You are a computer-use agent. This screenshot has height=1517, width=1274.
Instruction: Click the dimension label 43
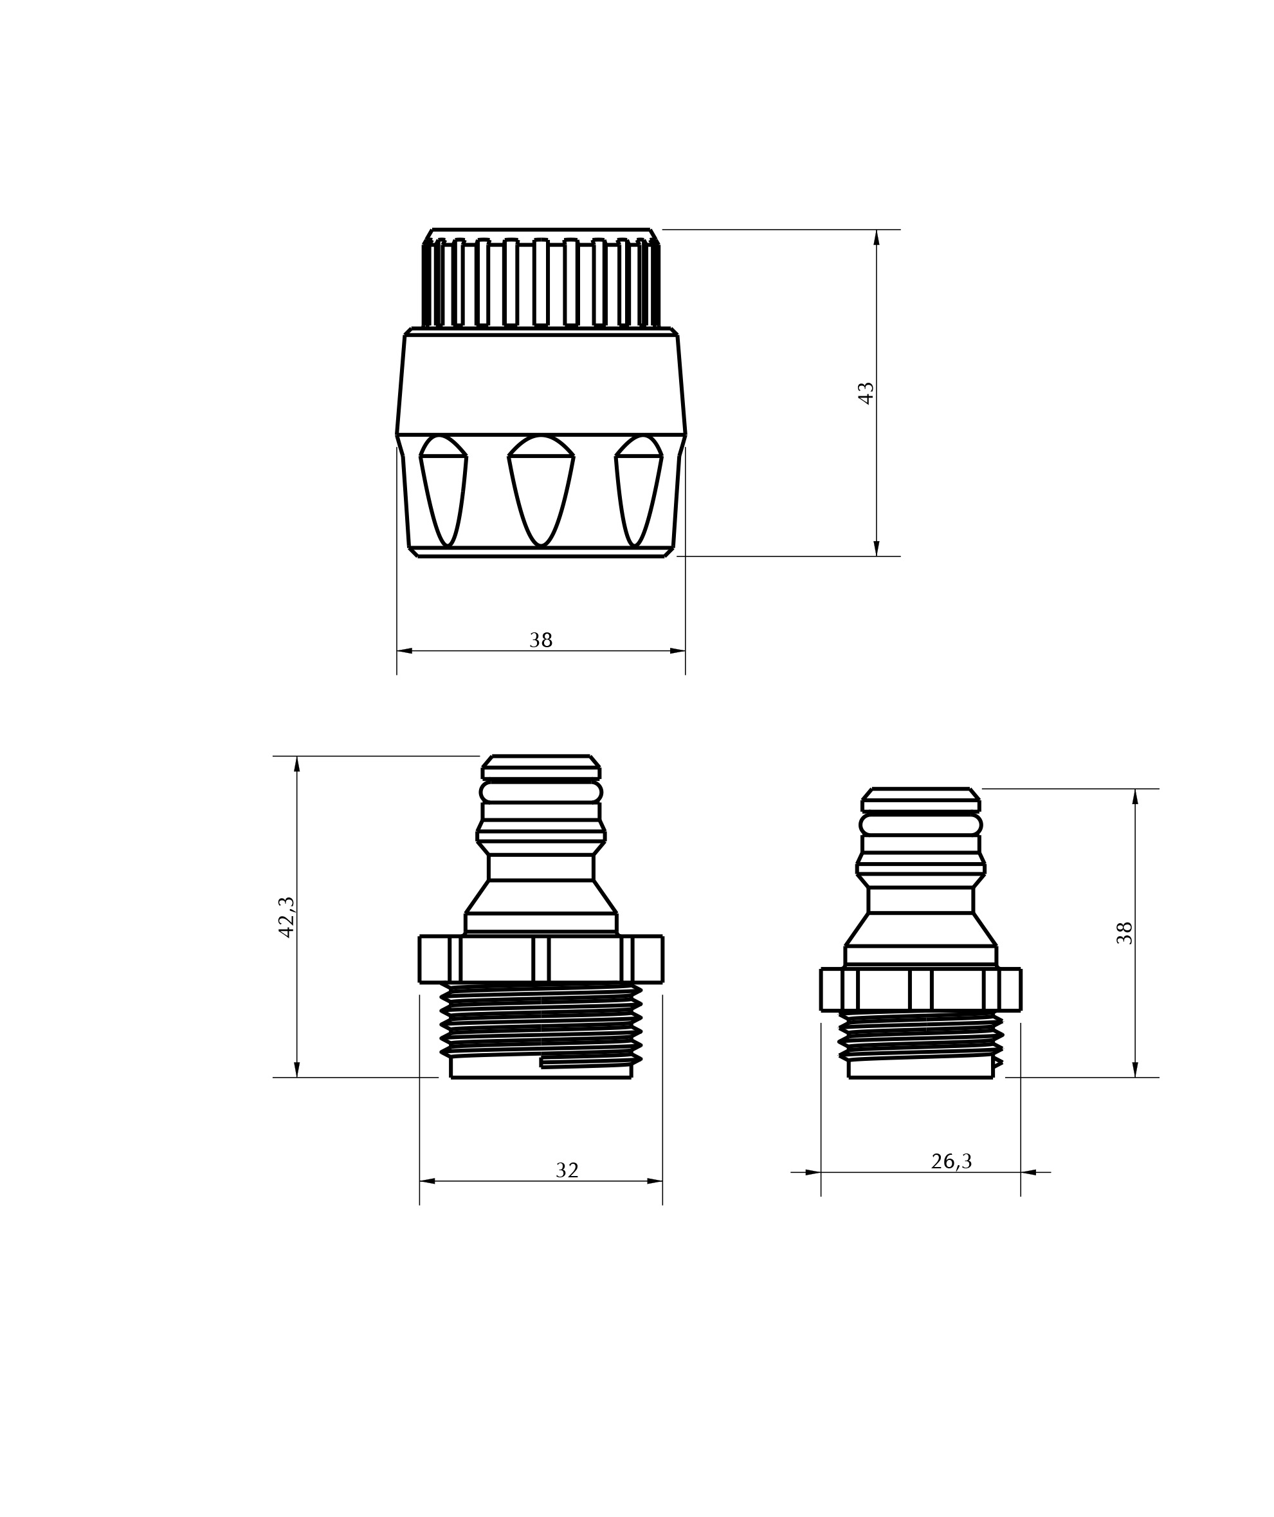click(865, 393)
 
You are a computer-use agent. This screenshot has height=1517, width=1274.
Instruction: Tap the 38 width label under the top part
click(541, 640)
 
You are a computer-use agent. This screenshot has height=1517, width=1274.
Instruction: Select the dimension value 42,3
click(286, 917)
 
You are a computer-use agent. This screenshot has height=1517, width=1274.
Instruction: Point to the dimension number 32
click(567, 1170)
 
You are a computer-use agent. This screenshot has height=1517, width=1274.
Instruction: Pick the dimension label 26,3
click(951, 1162)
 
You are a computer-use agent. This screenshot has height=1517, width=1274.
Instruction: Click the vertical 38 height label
click(1125, 933)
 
